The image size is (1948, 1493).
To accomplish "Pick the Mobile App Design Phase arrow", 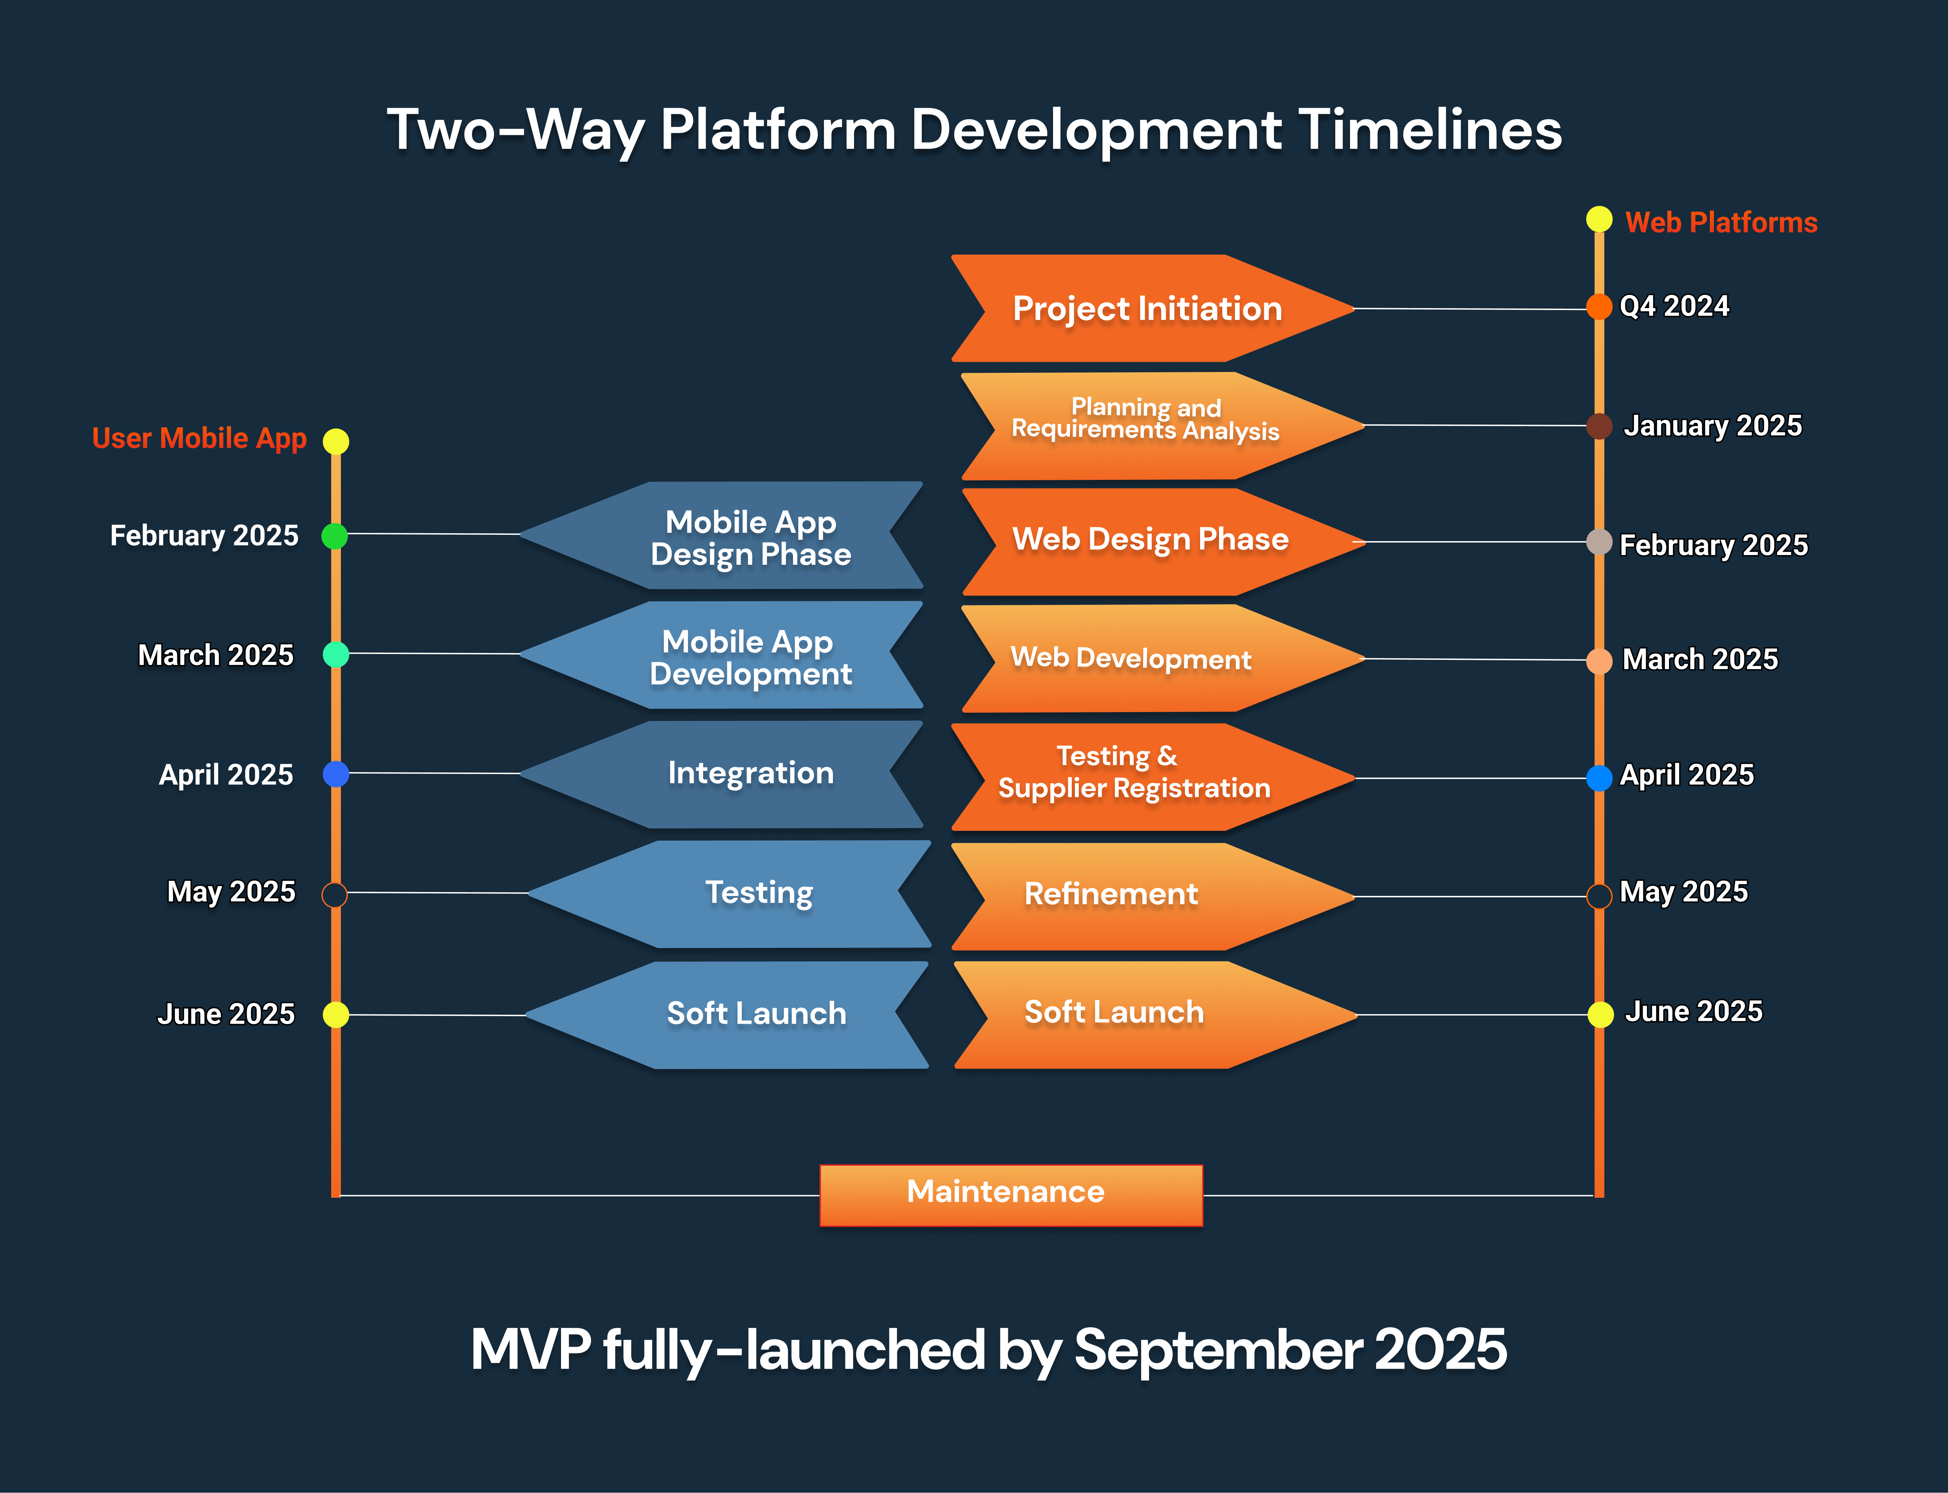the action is point(722,535).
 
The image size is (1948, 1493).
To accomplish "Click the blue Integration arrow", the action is point(722,774).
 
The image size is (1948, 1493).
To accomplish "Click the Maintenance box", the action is point(1011,1195).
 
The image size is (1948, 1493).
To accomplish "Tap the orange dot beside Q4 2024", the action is point(1599,307).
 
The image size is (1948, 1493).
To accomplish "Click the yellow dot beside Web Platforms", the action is point(1599,219).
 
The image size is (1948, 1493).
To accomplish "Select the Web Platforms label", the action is point(1721,222).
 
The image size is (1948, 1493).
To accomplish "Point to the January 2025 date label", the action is point(1713,426).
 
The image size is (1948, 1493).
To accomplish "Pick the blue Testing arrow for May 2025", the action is point(729,894).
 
